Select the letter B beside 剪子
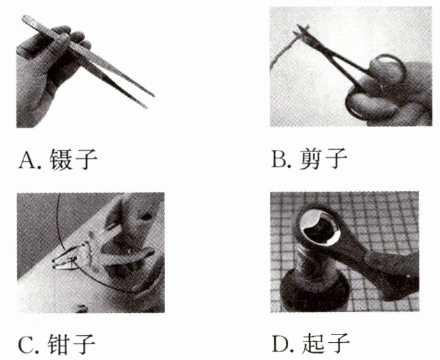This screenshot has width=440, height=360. [280, 159]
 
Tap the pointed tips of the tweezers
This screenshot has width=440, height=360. [150, 101]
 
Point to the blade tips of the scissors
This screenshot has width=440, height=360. [301, 31]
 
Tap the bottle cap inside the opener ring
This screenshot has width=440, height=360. [319, 227]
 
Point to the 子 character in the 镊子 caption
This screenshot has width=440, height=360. [85, 159]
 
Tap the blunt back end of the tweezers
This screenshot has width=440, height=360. [27, 20]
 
